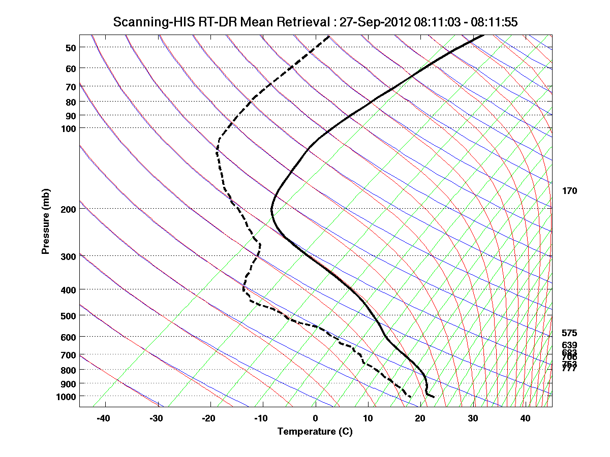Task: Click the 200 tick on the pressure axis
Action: pos(70,209)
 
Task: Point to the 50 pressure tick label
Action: pos(70,48)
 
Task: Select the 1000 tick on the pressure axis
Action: pos(67,396)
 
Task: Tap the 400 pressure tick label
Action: pos(70,290)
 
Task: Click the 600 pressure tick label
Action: pos(70,337)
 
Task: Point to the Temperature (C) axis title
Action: pos(315,432)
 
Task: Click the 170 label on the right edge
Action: pos(570,191)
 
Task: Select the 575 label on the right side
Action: pos(570,334)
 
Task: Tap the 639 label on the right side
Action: pos(570,345)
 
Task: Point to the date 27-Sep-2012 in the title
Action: pos(375,22)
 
